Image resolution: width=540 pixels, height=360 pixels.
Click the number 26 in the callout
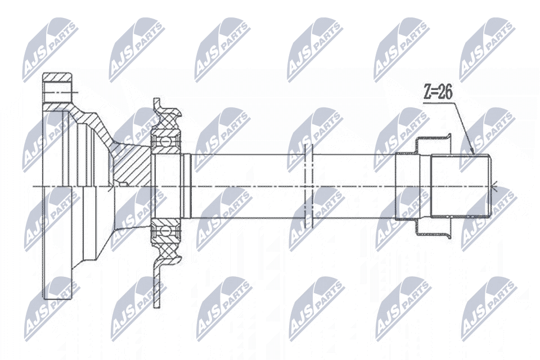[444, 93]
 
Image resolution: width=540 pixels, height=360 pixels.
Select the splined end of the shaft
[461, 186]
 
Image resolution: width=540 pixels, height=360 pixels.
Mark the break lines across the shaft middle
[309, 186]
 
